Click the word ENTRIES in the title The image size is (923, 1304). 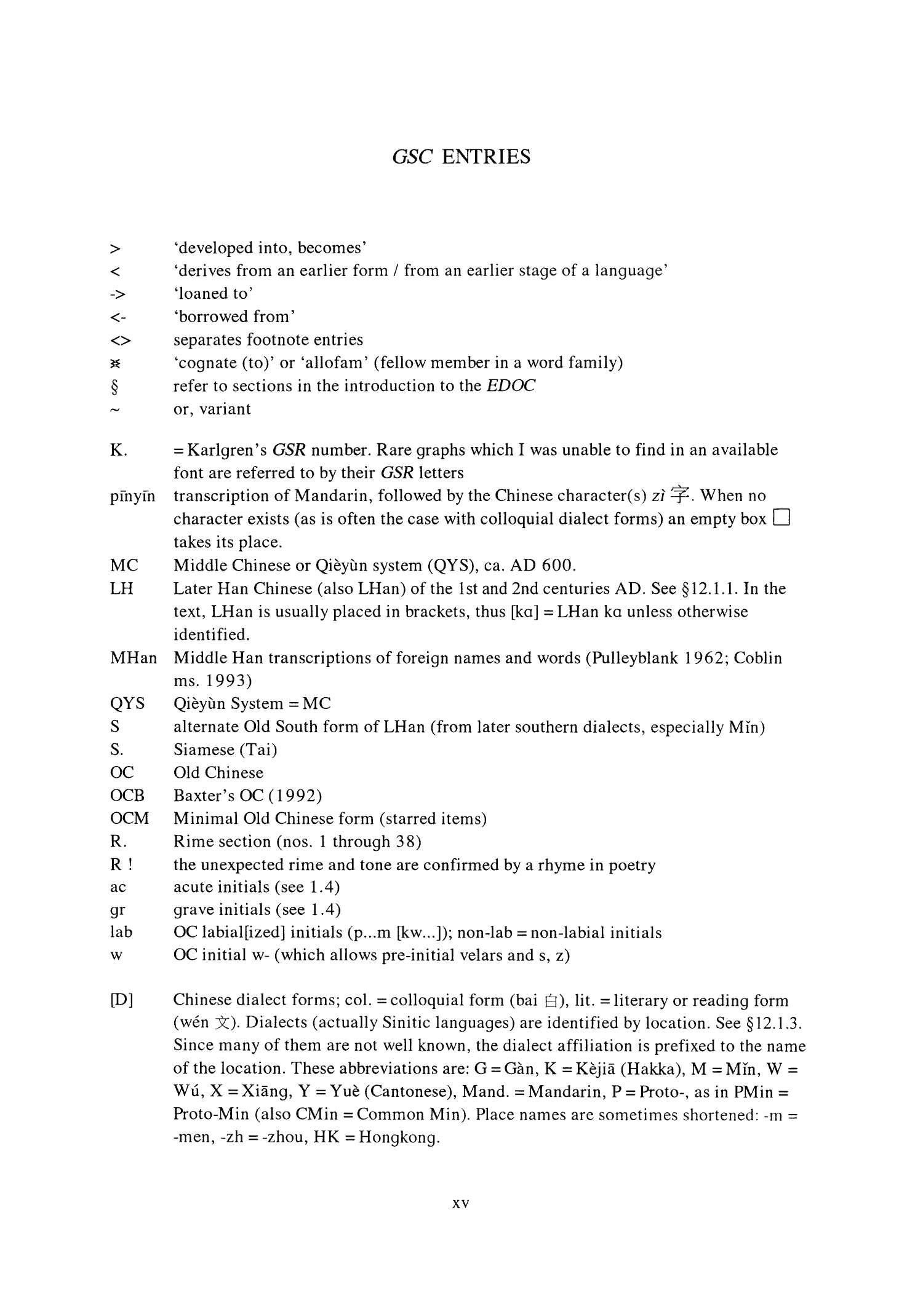coord(486,157)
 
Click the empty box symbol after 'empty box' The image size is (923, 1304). coord(780,519)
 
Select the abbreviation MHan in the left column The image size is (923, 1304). coord(133,658)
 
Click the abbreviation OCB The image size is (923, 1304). coord(127,796)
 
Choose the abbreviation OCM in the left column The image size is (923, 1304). coord(129,819)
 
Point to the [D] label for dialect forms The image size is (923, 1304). coord(121,1000)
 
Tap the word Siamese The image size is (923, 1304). coord(204,750)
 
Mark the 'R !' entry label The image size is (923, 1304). coord(121,865)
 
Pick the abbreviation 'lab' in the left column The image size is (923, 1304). coord(121,933)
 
